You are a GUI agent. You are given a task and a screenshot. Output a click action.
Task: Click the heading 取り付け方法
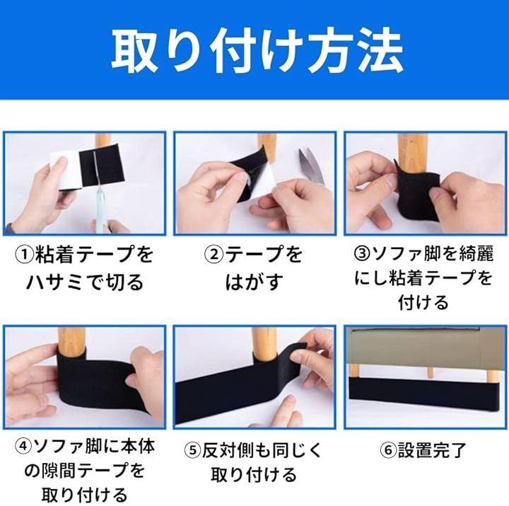pyautogui.click(x=257, y=51)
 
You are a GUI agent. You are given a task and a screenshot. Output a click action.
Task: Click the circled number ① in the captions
pyautogui.click(x=25, y=255)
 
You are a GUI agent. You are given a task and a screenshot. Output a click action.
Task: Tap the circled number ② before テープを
pyautogui.click(x=214, y=255)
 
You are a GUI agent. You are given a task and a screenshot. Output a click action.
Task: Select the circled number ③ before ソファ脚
pyautogui.click(x=362, y=254)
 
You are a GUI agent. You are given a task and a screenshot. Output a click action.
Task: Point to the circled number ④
pyautogui.click(x=23, y=447)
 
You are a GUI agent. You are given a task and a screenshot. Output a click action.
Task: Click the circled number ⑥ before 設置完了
pyautogui.click(x=388, y=450)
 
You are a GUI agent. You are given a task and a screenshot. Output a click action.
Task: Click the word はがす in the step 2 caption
pyautogui.click(x=254, y=282)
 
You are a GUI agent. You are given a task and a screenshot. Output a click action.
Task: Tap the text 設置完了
pyautogui.click(x=432, y=450)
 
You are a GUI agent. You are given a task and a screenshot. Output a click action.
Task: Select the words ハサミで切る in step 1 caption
pyautogui.click(x=85, y=282)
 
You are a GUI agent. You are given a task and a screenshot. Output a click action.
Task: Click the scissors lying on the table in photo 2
pyautogui.click(x=312, y=166)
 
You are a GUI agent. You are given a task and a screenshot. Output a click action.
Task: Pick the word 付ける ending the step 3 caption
pyautogui.click(x=423, y=303)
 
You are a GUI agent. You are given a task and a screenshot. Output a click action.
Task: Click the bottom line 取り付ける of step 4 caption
pyautogui.click(x=84, y=495)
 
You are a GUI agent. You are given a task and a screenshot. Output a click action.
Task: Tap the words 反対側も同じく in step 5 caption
pyautogui.click(x=262, y=451)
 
